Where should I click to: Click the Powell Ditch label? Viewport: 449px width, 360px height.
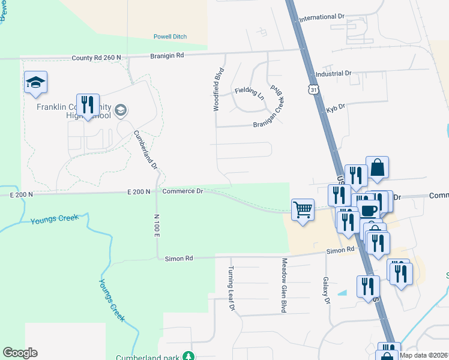tap(170, 37)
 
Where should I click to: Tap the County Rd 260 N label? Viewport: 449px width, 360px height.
tap(96, 58)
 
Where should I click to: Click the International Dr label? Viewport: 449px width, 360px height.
tap(324, 18)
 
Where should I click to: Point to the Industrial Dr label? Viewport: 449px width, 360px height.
tap(333, 74)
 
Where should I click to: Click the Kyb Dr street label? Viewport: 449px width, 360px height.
tap(336, 108)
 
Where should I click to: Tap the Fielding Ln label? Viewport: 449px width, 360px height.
tap(249, 91)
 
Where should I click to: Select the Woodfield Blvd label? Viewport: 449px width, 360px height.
tap(218, 90)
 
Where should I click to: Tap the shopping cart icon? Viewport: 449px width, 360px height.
tap(303, 209)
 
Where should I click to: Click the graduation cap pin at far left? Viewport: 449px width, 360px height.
tap(36, 82)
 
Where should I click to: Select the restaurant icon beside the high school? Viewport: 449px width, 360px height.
tap(88, 104)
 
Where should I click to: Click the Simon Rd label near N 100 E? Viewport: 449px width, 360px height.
tap(179, 258)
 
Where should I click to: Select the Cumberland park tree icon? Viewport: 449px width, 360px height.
tap(188, 356)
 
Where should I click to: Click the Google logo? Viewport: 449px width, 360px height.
tap(20, 353)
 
